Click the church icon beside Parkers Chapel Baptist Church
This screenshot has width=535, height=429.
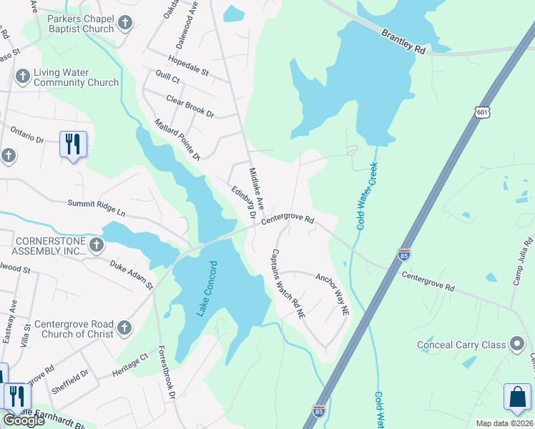click(x=126, y=24)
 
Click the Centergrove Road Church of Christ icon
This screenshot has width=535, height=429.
click(x=124, y=328)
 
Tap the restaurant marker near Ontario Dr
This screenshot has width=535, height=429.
click(x=73, y=144)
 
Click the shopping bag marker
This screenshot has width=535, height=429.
click(x=518, y=398)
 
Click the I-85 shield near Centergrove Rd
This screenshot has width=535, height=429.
click(x=404, y=255)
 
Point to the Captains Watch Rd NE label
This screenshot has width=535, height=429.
click(x=288, y=283)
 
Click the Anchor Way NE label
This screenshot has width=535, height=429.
click(x=333, y=295)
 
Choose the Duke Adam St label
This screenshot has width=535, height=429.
click(x=132, y=275)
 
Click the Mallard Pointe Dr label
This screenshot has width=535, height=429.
click(x=177, y=139)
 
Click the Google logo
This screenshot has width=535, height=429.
click(x=23, y=420)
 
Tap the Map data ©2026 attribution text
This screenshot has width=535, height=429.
click(x=504, y=423)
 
